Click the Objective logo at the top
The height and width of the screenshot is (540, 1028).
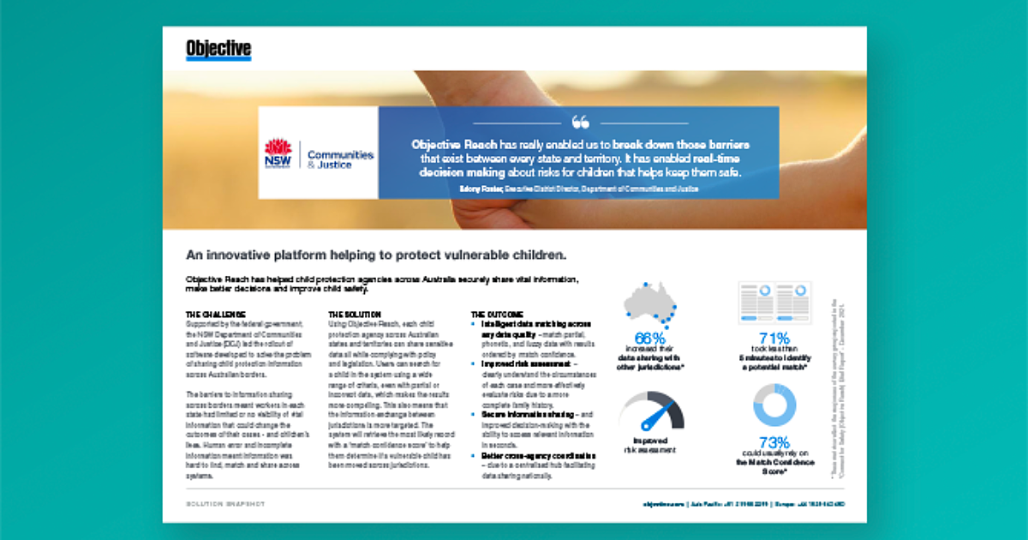pyautogui.click(x=218, y=50)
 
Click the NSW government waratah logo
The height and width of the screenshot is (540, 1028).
pyautogui.click(x=278, y=153)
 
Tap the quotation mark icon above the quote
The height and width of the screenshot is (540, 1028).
pyautogui.click(x=580, y=122)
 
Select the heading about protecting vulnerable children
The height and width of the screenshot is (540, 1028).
pyautogui.click(x=377, y=255)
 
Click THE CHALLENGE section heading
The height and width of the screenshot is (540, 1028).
pyautogui.click(x=216, y=315)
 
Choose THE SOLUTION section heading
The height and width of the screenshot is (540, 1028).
pyautogui.click(x=355, y=315)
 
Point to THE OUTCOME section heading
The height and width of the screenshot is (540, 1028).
pyautogui.click(x=498, y=315)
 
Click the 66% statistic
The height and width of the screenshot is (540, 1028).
pyautogui.click(x=651, y=338)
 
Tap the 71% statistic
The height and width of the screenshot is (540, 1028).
pyautogui.click(x=774, y=338)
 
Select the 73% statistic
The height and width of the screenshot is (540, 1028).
pyautogui.click(x=774, y=442)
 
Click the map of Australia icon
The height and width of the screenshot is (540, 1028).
pyautogui.click(x=650, y=304)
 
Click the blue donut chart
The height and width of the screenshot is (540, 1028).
pyautogui.click(x=774, y=405)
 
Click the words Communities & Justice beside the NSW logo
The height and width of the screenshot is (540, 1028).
pyautogui.click(x=340, y=159)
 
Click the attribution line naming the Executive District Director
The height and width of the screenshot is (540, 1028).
pyautogui.click(x=578, y=187)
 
